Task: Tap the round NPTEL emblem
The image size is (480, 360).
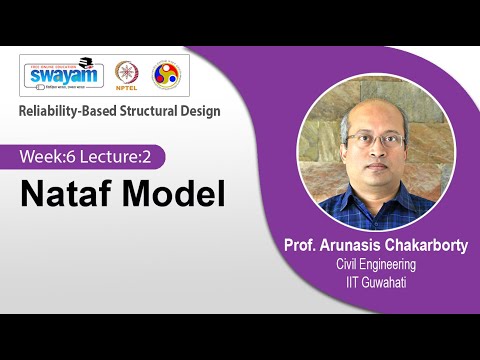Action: pyautogui.click(x=127, y=75)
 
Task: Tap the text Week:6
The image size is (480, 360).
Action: pyautogui.click(x=51, y=157)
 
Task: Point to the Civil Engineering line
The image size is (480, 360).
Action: pyautogui.click(x=376, y=264)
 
